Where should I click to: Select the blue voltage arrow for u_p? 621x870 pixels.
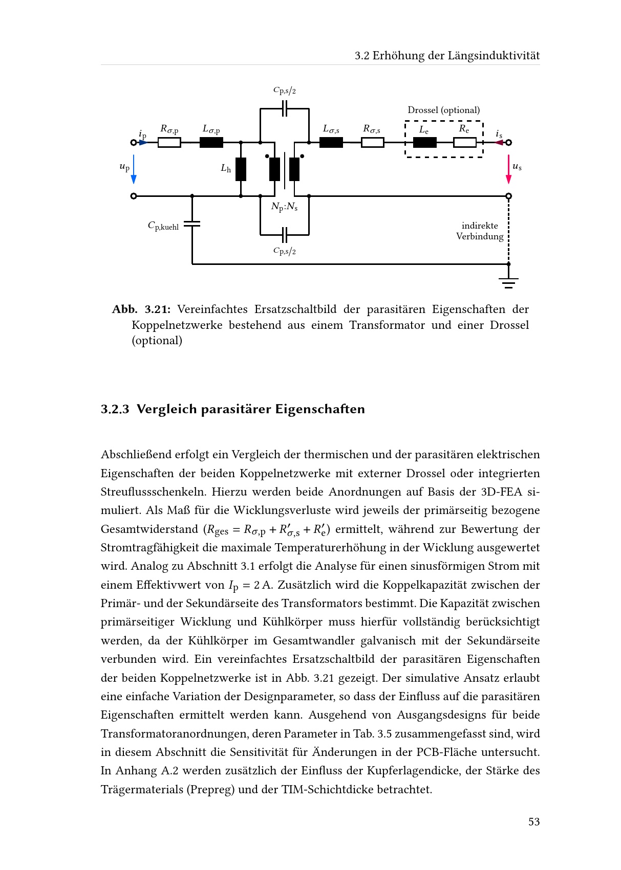point(134,169)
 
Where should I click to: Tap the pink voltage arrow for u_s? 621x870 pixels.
point(508,169)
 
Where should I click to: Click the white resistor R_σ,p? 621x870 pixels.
point(169,143)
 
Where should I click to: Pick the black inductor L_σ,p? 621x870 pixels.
point(211,143)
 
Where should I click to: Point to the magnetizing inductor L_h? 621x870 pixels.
point(241,169)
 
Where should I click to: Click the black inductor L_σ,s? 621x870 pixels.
point(331,143)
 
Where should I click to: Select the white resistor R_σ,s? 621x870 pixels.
point(372,143)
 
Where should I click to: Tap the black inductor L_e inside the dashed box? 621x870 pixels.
point(424,143)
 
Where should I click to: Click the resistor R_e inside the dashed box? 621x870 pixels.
point(464,143)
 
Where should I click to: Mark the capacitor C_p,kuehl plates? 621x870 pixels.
point(192,224)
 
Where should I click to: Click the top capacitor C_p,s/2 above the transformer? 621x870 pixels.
point(285,108)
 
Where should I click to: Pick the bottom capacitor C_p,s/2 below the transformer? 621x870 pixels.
point(285,235)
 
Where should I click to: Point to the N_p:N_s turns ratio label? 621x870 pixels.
point(284,207)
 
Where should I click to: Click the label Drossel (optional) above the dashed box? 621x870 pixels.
point(443,110)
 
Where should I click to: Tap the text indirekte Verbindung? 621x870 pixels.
point(480,231)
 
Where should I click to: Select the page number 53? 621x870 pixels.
point(534,821)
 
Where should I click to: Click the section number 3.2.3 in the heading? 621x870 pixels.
point(115,409)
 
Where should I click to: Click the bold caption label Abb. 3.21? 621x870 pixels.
point(141,309)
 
